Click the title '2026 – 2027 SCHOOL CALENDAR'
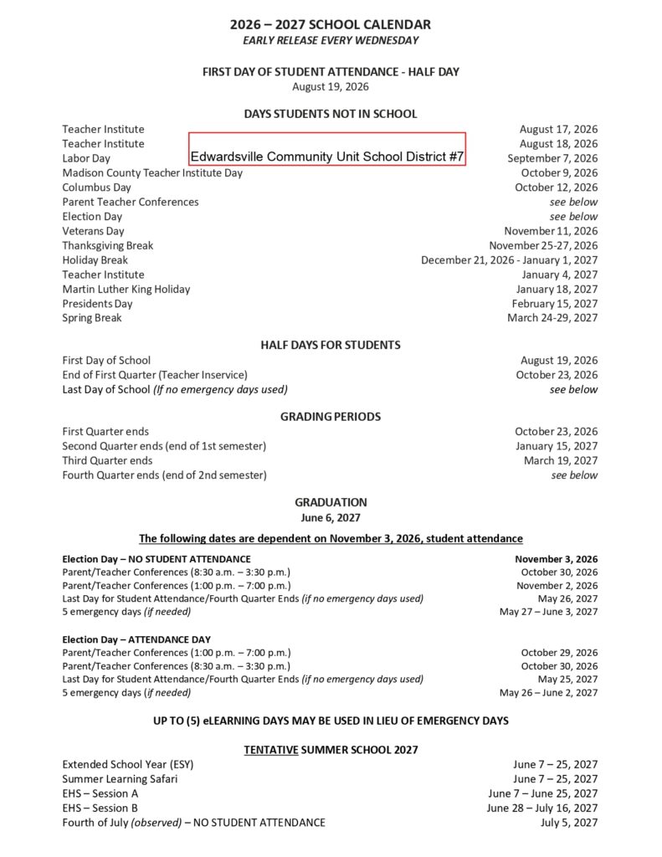pyautogui.click(x=331, y=25)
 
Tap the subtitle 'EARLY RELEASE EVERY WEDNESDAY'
pyautogui.click(x=331, y=40)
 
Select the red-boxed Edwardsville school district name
pyautogui.click(x=326, y=157)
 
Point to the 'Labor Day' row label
pyautogui.click(x=86, y=158)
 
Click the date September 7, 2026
pyautogui.click(x=552, y=158)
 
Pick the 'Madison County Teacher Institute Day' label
pyautogui.click(x=152, y=172)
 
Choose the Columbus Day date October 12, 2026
pyautogui.click(x=556, y=187)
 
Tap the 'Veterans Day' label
pyautogui.click(x=93, y=231)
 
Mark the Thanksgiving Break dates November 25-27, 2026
pyautogui.click(x=543, y=245)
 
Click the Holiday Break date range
pyautogui.click(x=509, y=260)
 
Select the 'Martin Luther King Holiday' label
pyautogui.click(x=126, y=289)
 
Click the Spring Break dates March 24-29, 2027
pyautogui.click(x=552, y=318)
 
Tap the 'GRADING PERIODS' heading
pyautogui.click(x=331, y=416)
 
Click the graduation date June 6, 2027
pyautogui.click(x=331, y=518)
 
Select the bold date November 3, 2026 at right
pyautogui.click(x=556, y=558)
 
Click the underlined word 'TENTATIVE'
pyautogui.click(x=271, y=749)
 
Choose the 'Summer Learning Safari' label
pyautogui.click(x=120, y=778)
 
